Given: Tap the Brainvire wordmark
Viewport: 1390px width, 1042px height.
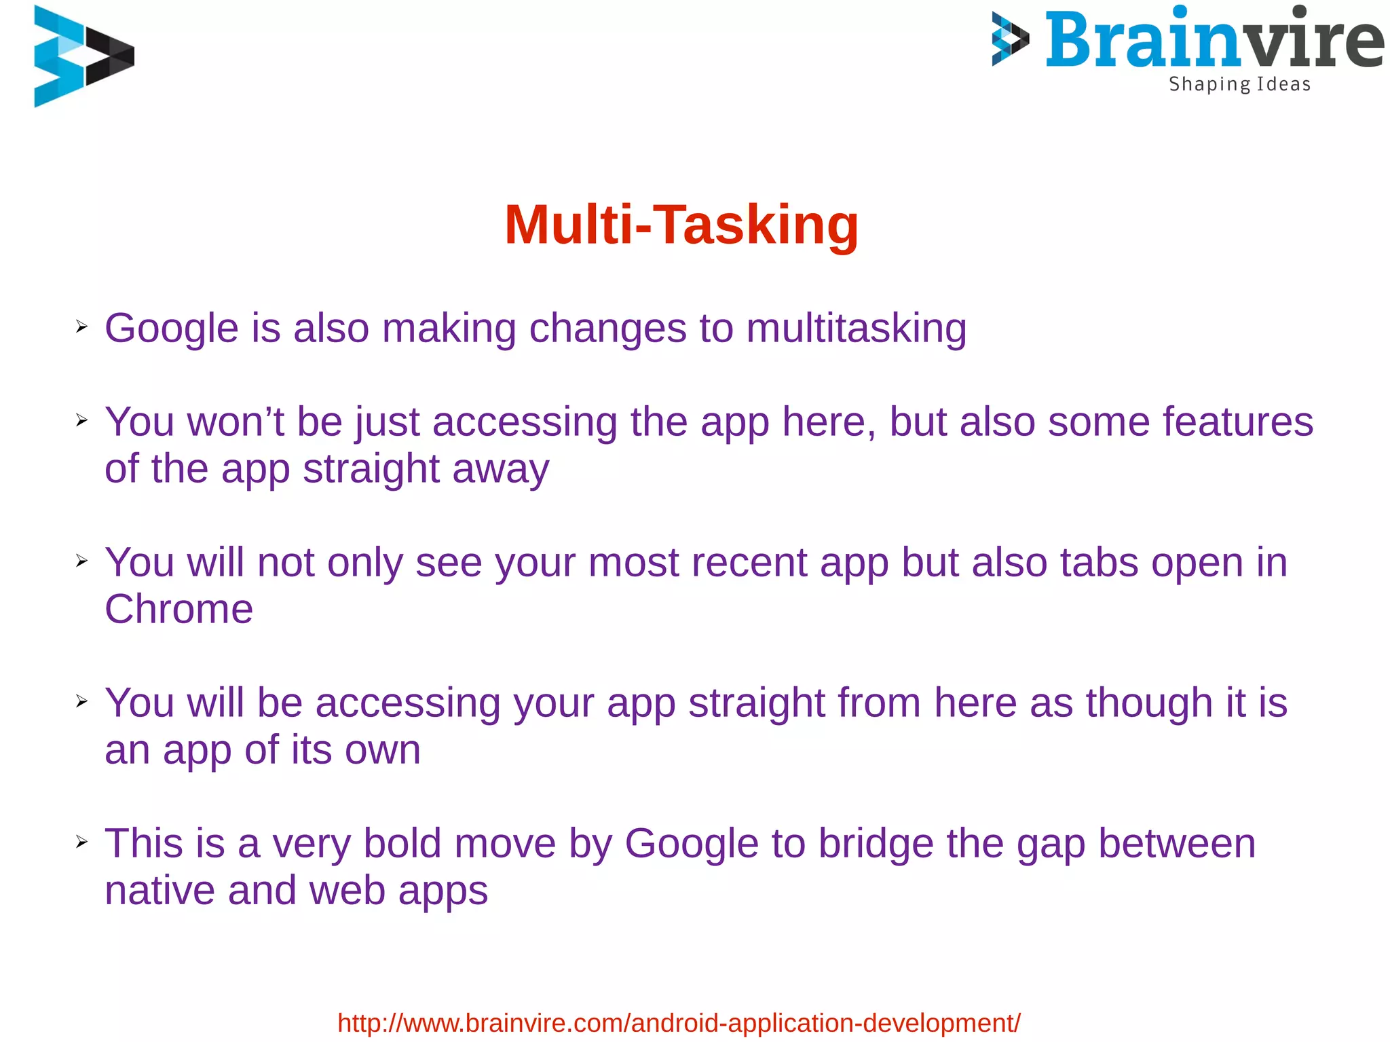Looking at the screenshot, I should tap(1214, 41).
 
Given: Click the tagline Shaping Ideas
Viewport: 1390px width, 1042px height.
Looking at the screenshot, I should tap(1239, 84).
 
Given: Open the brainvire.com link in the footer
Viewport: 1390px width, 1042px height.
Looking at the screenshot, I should tap(679, 1022).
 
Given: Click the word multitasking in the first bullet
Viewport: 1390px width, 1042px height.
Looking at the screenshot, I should tap(857, 329).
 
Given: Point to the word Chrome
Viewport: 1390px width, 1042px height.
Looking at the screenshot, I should tap(179, 609).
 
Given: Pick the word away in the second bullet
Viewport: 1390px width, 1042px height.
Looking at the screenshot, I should tap(500, 469).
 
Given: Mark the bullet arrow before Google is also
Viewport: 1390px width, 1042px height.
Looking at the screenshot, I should tap(82, 327).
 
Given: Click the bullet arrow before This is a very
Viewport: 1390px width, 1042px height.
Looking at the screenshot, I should tap(82, 842).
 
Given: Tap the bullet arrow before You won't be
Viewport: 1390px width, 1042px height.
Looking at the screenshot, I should tap(82, 421).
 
